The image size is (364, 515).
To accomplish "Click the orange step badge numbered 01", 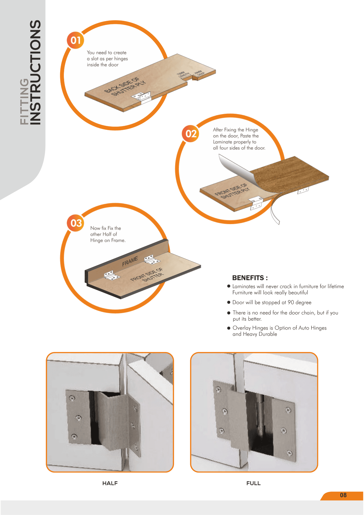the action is (75, 40).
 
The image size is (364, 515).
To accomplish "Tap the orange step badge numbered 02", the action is (191, 133).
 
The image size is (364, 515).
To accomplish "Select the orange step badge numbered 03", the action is (76, 223).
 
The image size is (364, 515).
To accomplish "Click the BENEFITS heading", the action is (250, 278).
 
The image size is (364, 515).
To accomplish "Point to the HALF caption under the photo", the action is (110, 483).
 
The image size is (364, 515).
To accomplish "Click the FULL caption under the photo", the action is (254, 483).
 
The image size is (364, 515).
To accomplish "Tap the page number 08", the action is (343, 495).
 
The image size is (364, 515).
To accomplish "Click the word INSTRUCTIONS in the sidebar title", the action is (35, 72).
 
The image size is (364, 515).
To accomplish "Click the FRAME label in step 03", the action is (130, 261).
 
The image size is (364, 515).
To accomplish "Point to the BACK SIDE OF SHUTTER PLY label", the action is (125, 87).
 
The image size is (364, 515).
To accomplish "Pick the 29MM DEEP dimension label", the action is (199, 73).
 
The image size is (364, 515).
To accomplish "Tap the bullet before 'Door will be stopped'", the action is (229, 302).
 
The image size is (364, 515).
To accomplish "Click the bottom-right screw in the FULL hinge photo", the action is (290, 453).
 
